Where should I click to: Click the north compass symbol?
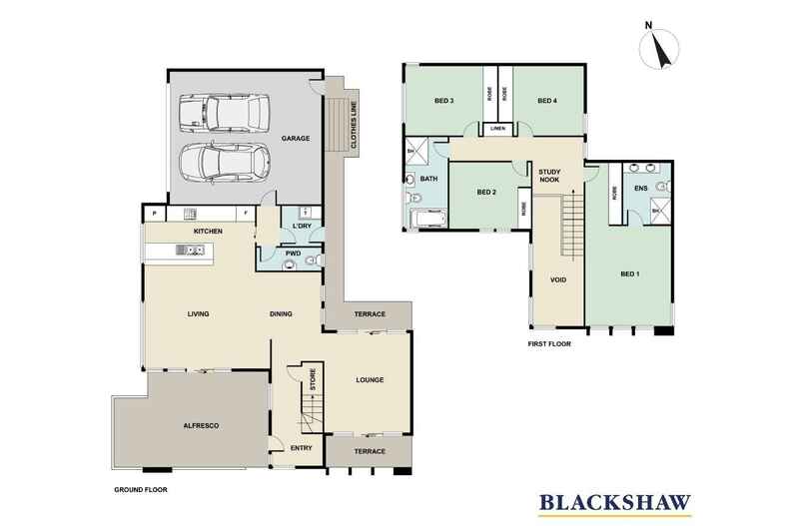click(x=659, y=47)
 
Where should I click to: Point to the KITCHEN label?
click(x=207, y=232)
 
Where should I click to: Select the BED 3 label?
click(x=444, y=100)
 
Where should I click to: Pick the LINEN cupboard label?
click(x=496, y=129)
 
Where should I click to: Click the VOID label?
click(x=558, y=279)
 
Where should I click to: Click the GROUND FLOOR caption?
click(x=140, y=490)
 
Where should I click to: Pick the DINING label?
click(x=281, y=314)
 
